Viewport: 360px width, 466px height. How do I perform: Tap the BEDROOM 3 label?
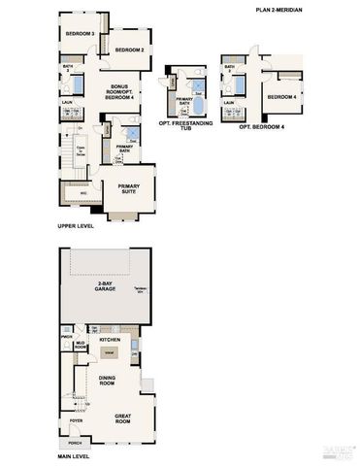tap(79, 33)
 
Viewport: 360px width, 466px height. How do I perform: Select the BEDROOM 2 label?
tap(128, 50)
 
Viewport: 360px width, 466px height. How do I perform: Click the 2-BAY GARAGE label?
tap(105, 286)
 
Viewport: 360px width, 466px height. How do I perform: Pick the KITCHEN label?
tap(110, 340)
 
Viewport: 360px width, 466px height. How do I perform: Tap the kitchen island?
tap(110, 351)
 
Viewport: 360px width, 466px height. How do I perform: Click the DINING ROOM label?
tap(107, 383)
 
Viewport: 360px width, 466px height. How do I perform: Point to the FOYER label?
tap(75, 420)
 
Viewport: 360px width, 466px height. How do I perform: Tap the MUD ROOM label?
tap(82, 346)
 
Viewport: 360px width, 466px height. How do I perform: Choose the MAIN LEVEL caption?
tap(74, 456)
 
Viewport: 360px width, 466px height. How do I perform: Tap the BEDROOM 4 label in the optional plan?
tap(281, 97)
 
